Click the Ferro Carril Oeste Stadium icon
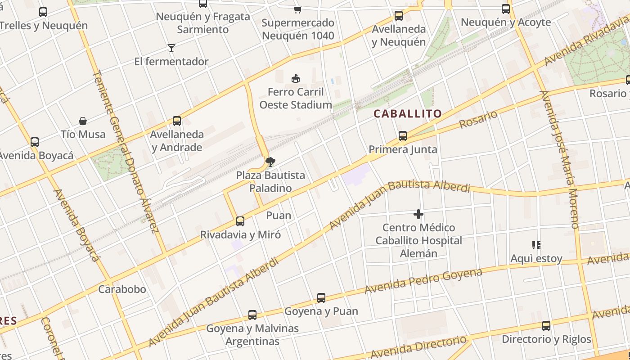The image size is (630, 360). tap(296, 79)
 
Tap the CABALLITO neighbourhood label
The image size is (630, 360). tap(408, 114)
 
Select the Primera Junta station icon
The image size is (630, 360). tap(403, 135)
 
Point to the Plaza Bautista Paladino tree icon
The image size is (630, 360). tap(270, 162)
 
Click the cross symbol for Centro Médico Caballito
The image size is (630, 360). tap(418, 214)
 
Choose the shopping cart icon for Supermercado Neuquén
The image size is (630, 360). tap(297, 9)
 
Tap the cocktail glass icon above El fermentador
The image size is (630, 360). tap(171, 48)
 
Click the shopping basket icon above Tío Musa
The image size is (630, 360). tap(83, 121)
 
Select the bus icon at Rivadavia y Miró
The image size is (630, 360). tap(240, 221)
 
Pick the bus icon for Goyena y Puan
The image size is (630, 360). tap(321, 297)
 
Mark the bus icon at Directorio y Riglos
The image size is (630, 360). tap(546, 325)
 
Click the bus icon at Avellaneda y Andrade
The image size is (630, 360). tap(177, 121)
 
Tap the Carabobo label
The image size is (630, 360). tap(122, 289)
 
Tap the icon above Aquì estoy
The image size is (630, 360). tap(536, 245)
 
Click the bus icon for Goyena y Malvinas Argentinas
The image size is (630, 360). tap(252, 315)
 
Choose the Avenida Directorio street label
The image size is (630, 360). tap(418, 345)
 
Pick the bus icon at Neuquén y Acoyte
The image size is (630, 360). tap(506, 9)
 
